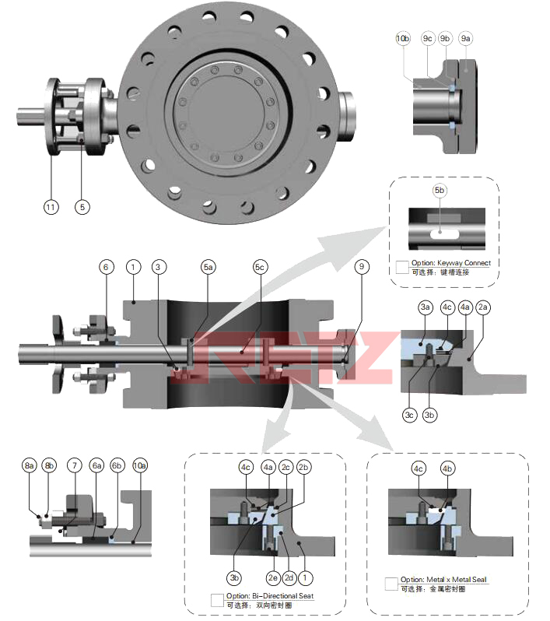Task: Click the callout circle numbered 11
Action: coord(51,207)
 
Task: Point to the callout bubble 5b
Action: coord(440,190)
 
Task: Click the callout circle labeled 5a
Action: coord(208,267)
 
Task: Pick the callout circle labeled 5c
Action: coord(261,267)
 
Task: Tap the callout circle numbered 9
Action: coord(360,267)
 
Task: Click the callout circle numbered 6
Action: coord(107,267)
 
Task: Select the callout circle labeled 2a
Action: coord(483,307)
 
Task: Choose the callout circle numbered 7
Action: coord(75,465)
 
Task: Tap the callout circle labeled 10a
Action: coord(139,465)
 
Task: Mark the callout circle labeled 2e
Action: coord(273,578)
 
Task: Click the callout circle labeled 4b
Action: coord(447,468)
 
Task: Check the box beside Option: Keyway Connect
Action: coord(402,267)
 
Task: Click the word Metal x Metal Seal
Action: coord(458,580)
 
